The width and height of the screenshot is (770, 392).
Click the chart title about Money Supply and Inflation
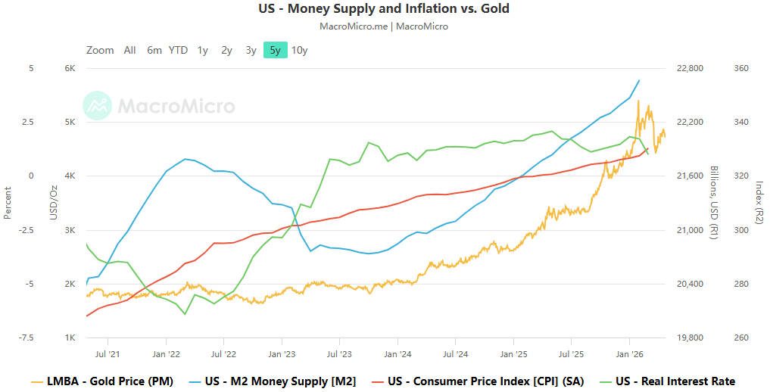385,9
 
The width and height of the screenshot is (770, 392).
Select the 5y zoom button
275,51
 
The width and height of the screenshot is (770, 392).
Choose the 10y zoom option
300,51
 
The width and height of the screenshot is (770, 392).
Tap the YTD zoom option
178,51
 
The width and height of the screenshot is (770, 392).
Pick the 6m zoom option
154,51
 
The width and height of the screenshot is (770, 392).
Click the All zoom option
130,51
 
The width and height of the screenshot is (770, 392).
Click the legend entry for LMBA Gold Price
102,381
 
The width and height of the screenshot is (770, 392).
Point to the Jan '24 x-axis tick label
397,353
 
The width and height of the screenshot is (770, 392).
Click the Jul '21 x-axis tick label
108,353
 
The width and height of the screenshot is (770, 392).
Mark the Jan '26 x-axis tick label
630,353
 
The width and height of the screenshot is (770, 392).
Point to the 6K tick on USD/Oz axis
69,68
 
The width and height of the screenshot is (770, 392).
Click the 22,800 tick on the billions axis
689,68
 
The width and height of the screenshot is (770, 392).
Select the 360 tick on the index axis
741,68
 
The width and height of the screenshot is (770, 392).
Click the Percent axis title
8,203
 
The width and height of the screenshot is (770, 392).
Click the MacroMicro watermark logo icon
98,106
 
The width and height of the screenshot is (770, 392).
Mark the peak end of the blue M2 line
640,80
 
